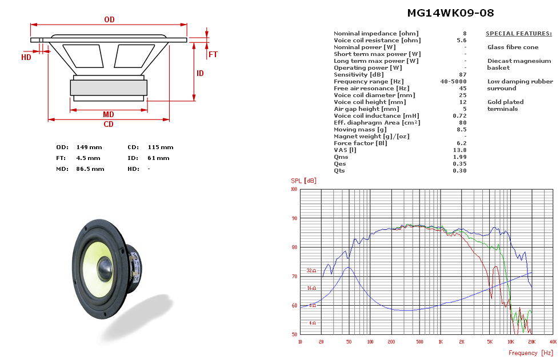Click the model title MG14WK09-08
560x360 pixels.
tap(450, 13)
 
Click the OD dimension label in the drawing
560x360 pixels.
tap(109, 19)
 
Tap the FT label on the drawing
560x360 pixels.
tap(213, 55)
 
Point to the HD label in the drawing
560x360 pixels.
tap(26, 57)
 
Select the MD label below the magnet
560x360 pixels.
tap(108, 115)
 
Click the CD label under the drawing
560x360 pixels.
tap(108, 125)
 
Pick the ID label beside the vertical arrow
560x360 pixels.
tap(200, 74)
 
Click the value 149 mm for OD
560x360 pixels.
tap(86, 147)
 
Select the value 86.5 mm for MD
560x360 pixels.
tap(90, 169)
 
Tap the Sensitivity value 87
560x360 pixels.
tap(463, 75)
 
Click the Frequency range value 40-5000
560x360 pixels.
tap(453, 82)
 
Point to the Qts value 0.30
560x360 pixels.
tap(461, 171)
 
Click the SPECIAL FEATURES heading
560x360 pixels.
tap(518, 34)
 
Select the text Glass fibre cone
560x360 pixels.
tap(513, 47)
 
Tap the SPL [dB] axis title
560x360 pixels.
tap(303, 181)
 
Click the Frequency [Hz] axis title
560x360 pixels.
tap(531, 353)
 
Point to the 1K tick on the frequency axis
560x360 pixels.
tap(441, 342)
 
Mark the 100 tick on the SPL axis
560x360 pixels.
tap(294, 189)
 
